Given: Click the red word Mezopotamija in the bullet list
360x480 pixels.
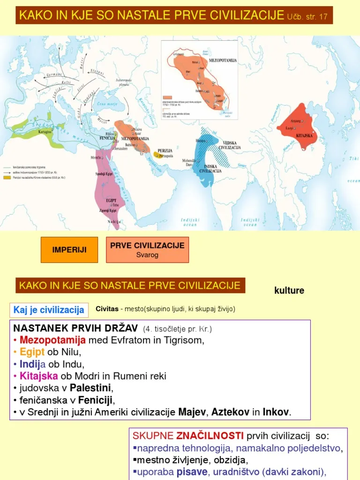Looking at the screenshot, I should point(57,340).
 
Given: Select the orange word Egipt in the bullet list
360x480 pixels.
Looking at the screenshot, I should point(33,354).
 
